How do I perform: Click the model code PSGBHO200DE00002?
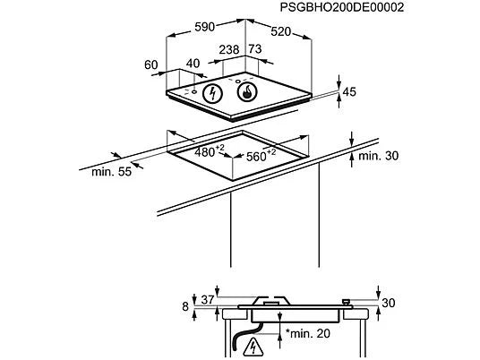342,7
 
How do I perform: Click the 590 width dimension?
204,27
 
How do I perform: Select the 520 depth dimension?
280,31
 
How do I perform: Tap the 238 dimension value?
229,49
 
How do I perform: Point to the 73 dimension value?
255,49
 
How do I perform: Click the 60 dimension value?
151,64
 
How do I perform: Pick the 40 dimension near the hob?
193,64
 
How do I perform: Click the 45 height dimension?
349,92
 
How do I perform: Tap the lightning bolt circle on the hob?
212,93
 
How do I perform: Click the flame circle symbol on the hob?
247,91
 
